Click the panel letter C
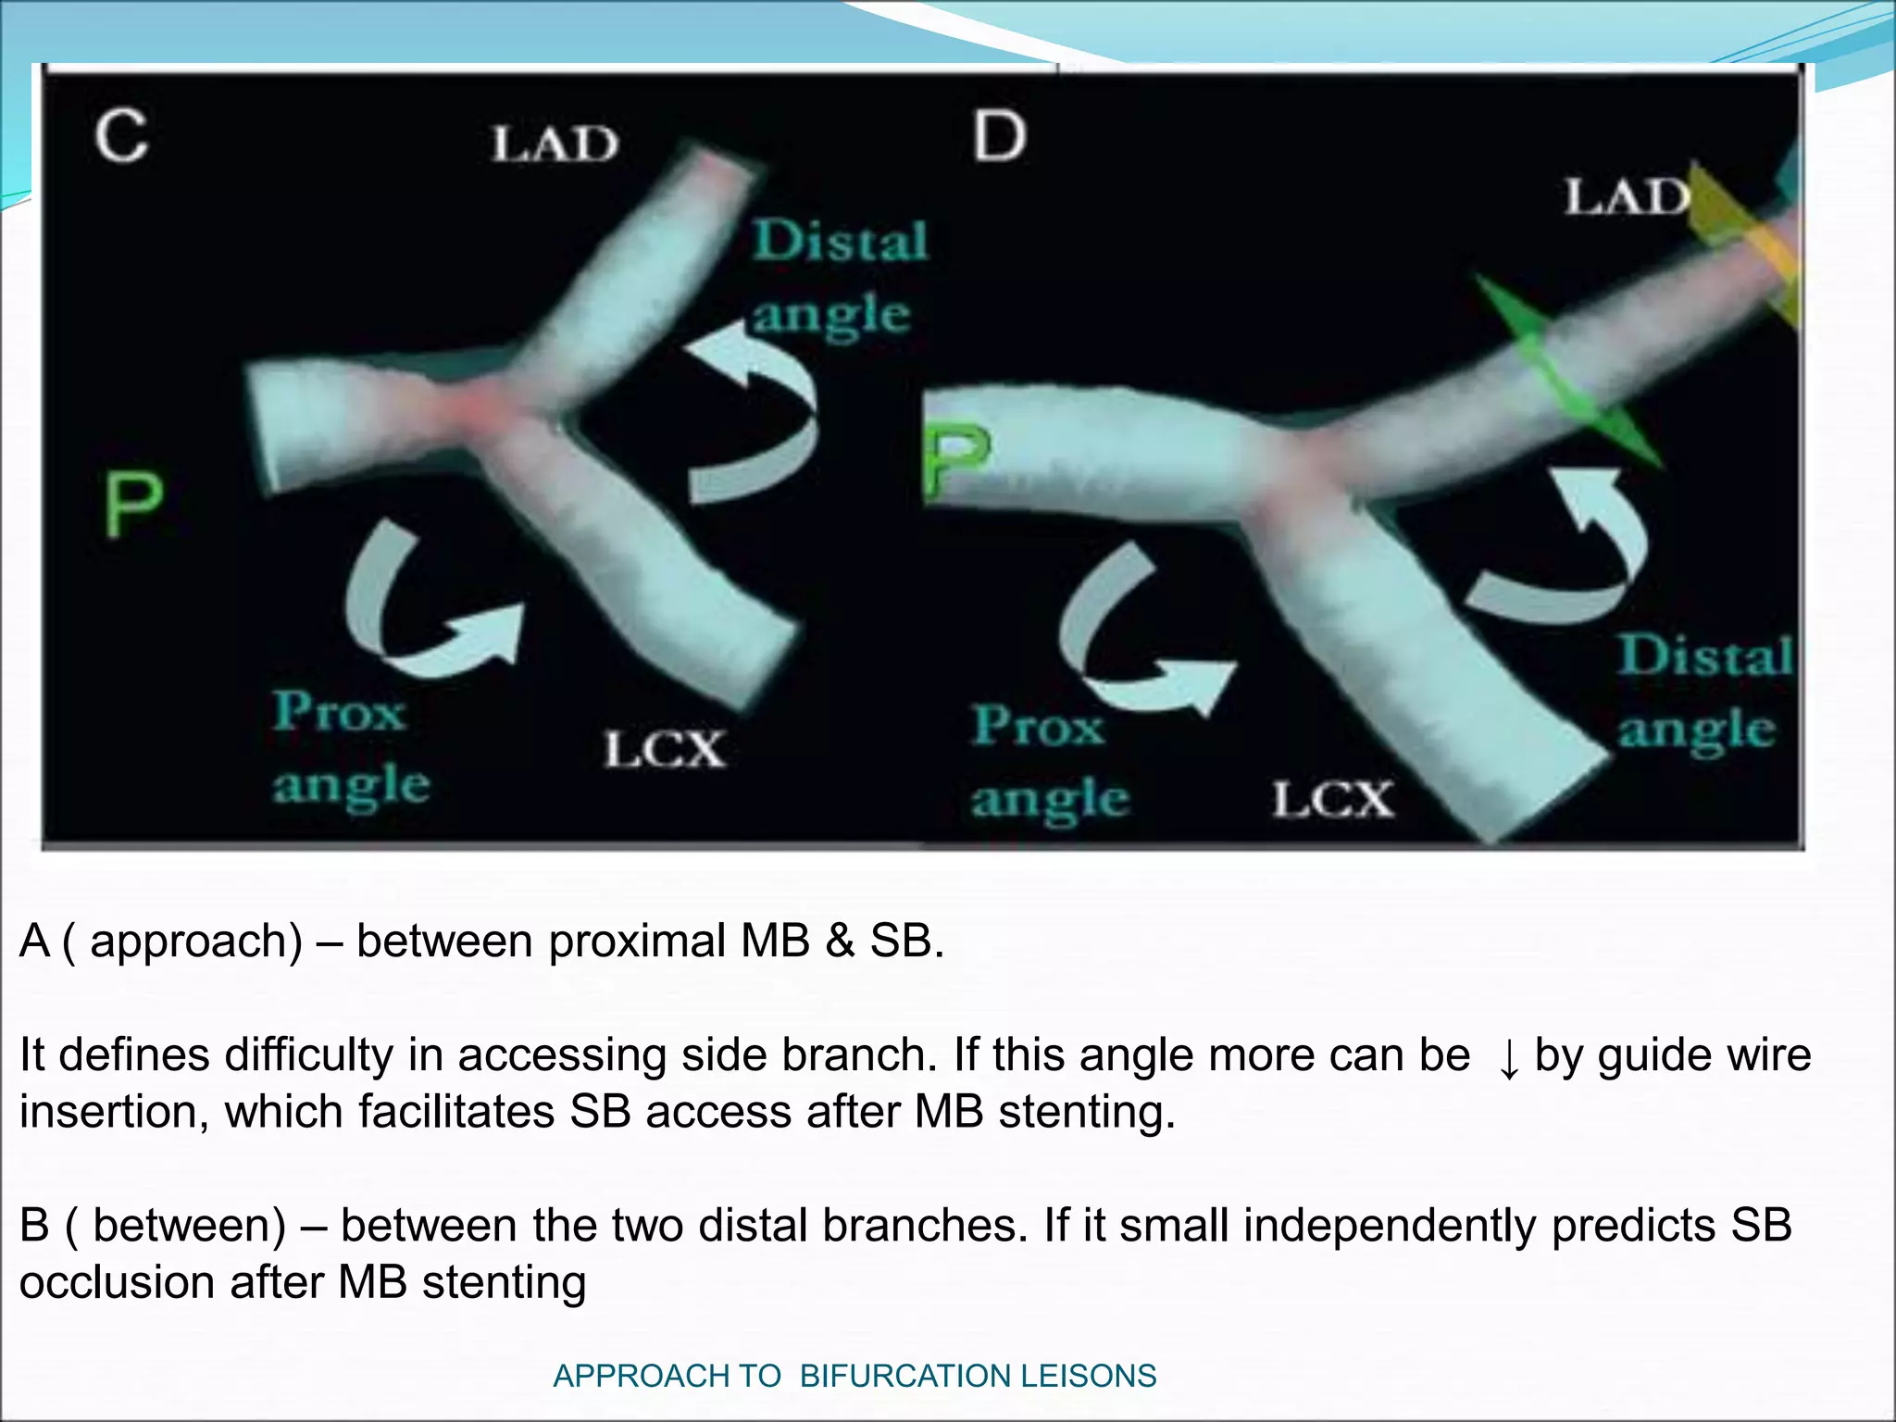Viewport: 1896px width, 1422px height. coord(120,136)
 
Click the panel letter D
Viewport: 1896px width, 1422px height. coord(1000,136)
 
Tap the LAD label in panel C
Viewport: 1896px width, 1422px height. coord(554,144)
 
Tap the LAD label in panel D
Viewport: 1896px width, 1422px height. coord(1628,197)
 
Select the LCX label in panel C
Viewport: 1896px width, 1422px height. coord(665,749)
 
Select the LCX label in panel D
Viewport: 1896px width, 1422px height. coord(1333,799)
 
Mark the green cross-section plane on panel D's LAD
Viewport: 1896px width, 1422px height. coord(1565,370)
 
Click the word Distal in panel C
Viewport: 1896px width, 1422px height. coord(840,241)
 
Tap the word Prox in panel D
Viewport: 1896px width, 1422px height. coord(1039,726)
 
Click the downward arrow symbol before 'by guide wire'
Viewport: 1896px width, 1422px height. coord(1508,1058)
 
